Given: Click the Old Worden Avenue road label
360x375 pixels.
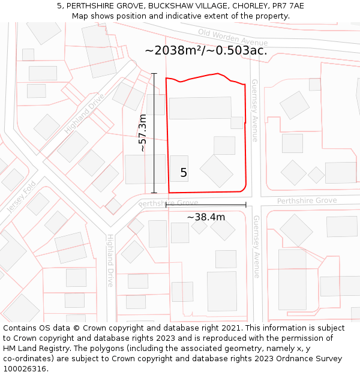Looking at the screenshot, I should (x=233, y=37).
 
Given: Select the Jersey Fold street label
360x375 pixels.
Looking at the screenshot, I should (x=22, y=196).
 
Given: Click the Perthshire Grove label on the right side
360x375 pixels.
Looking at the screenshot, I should (x=307, y=200).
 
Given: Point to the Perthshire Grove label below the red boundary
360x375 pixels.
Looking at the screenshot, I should (x=168, y=203).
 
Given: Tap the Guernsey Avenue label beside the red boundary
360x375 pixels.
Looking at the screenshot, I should (x=254, y=110).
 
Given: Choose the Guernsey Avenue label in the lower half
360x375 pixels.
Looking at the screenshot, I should (x=256, y=247).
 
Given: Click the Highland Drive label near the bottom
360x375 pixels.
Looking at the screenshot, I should (x=110, y=260).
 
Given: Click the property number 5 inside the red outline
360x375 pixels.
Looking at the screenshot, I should (x=184, y=173).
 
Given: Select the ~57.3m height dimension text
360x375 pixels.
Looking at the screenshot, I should (x=142, y=133).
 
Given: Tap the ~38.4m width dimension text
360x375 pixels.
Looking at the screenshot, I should (x=206, y=217).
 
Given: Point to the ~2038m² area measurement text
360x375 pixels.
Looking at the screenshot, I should (x=206, y=50).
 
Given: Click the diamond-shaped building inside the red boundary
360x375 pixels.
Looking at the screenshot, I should (x=217, y=171).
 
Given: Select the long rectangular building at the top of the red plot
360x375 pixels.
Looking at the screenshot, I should (x=200, y=108).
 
